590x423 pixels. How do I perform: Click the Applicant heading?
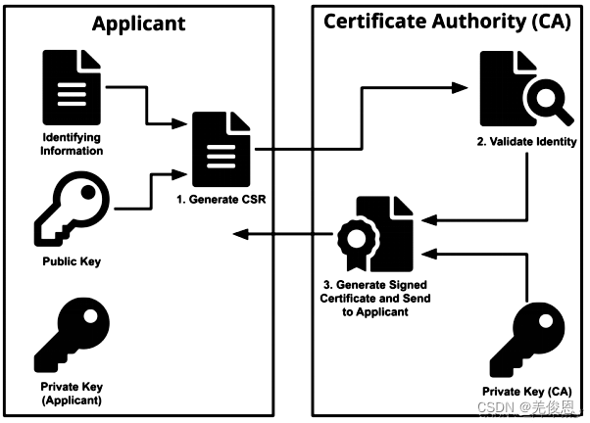139,24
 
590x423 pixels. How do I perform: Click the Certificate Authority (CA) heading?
447,22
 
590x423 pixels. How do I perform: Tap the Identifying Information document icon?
72,87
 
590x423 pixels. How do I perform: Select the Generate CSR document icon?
221,149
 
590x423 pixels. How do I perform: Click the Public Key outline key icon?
72,210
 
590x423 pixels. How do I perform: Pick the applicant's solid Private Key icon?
72,336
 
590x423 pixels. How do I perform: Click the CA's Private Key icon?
527,340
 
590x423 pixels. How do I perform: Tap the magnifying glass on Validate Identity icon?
550,102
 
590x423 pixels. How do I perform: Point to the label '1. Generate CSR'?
221,200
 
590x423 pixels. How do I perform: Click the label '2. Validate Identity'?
527,142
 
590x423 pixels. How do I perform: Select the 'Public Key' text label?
72,261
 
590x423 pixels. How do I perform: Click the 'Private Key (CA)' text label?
527,392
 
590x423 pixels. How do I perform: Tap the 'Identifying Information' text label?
72,144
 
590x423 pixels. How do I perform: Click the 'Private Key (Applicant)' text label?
72,394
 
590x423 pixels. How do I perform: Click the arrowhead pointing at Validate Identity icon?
460,87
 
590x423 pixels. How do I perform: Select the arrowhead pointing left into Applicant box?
241,234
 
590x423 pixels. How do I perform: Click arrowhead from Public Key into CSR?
179,174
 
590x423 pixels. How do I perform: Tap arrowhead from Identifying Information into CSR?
179,123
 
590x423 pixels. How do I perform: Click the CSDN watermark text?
526,407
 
